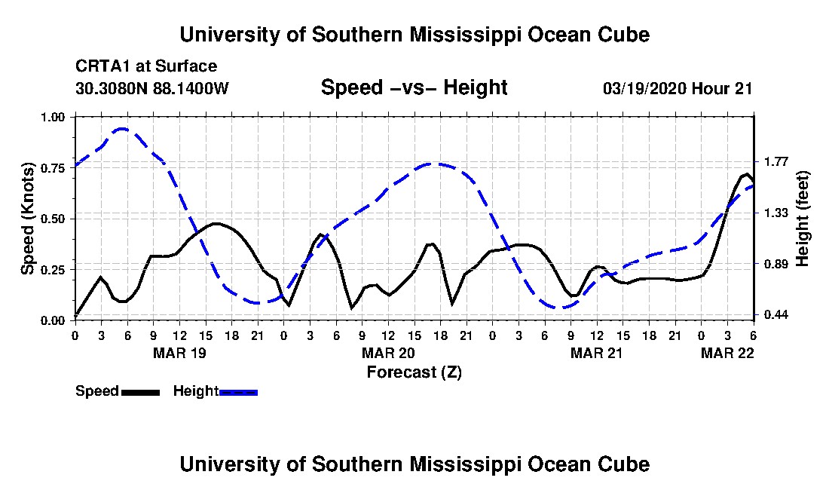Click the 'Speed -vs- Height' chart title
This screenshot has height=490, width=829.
(x=414, y=87)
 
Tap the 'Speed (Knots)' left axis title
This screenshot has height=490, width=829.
(x=27, y=219)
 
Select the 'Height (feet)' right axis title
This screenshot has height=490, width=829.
(x=802, y=219)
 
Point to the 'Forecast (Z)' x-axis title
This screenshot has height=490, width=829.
(x=414, y=372)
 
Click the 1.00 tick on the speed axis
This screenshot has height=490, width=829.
(x=53, y=117)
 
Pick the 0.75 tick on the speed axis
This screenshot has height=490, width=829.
(x=53, y=168)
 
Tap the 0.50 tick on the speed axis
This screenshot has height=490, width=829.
(x=53, y=219)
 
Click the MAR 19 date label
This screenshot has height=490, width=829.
(x=179, y=353)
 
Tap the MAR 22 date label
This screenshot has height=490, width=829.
(x=727, y=353)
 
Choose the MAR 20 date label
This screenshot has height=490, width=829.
(x=388, y=353)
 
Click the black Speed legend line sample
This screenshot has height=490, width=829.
(x=140, y=392)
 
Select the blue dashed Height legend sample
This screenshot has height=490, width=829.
(x=238, y=392)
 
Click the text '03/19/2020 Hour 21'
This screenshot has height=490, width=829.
(x=678, y=88)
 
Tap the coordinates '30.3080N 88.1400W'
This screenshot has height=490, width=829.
(x=151, y=88)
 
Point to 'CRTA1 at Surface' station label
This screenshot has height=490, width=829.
(x=146, y=66)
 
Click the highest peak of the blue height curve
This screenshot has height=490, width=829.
(x=121, y=128)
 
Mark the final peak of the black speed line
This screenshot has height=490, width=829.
(x=747, y=174)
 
